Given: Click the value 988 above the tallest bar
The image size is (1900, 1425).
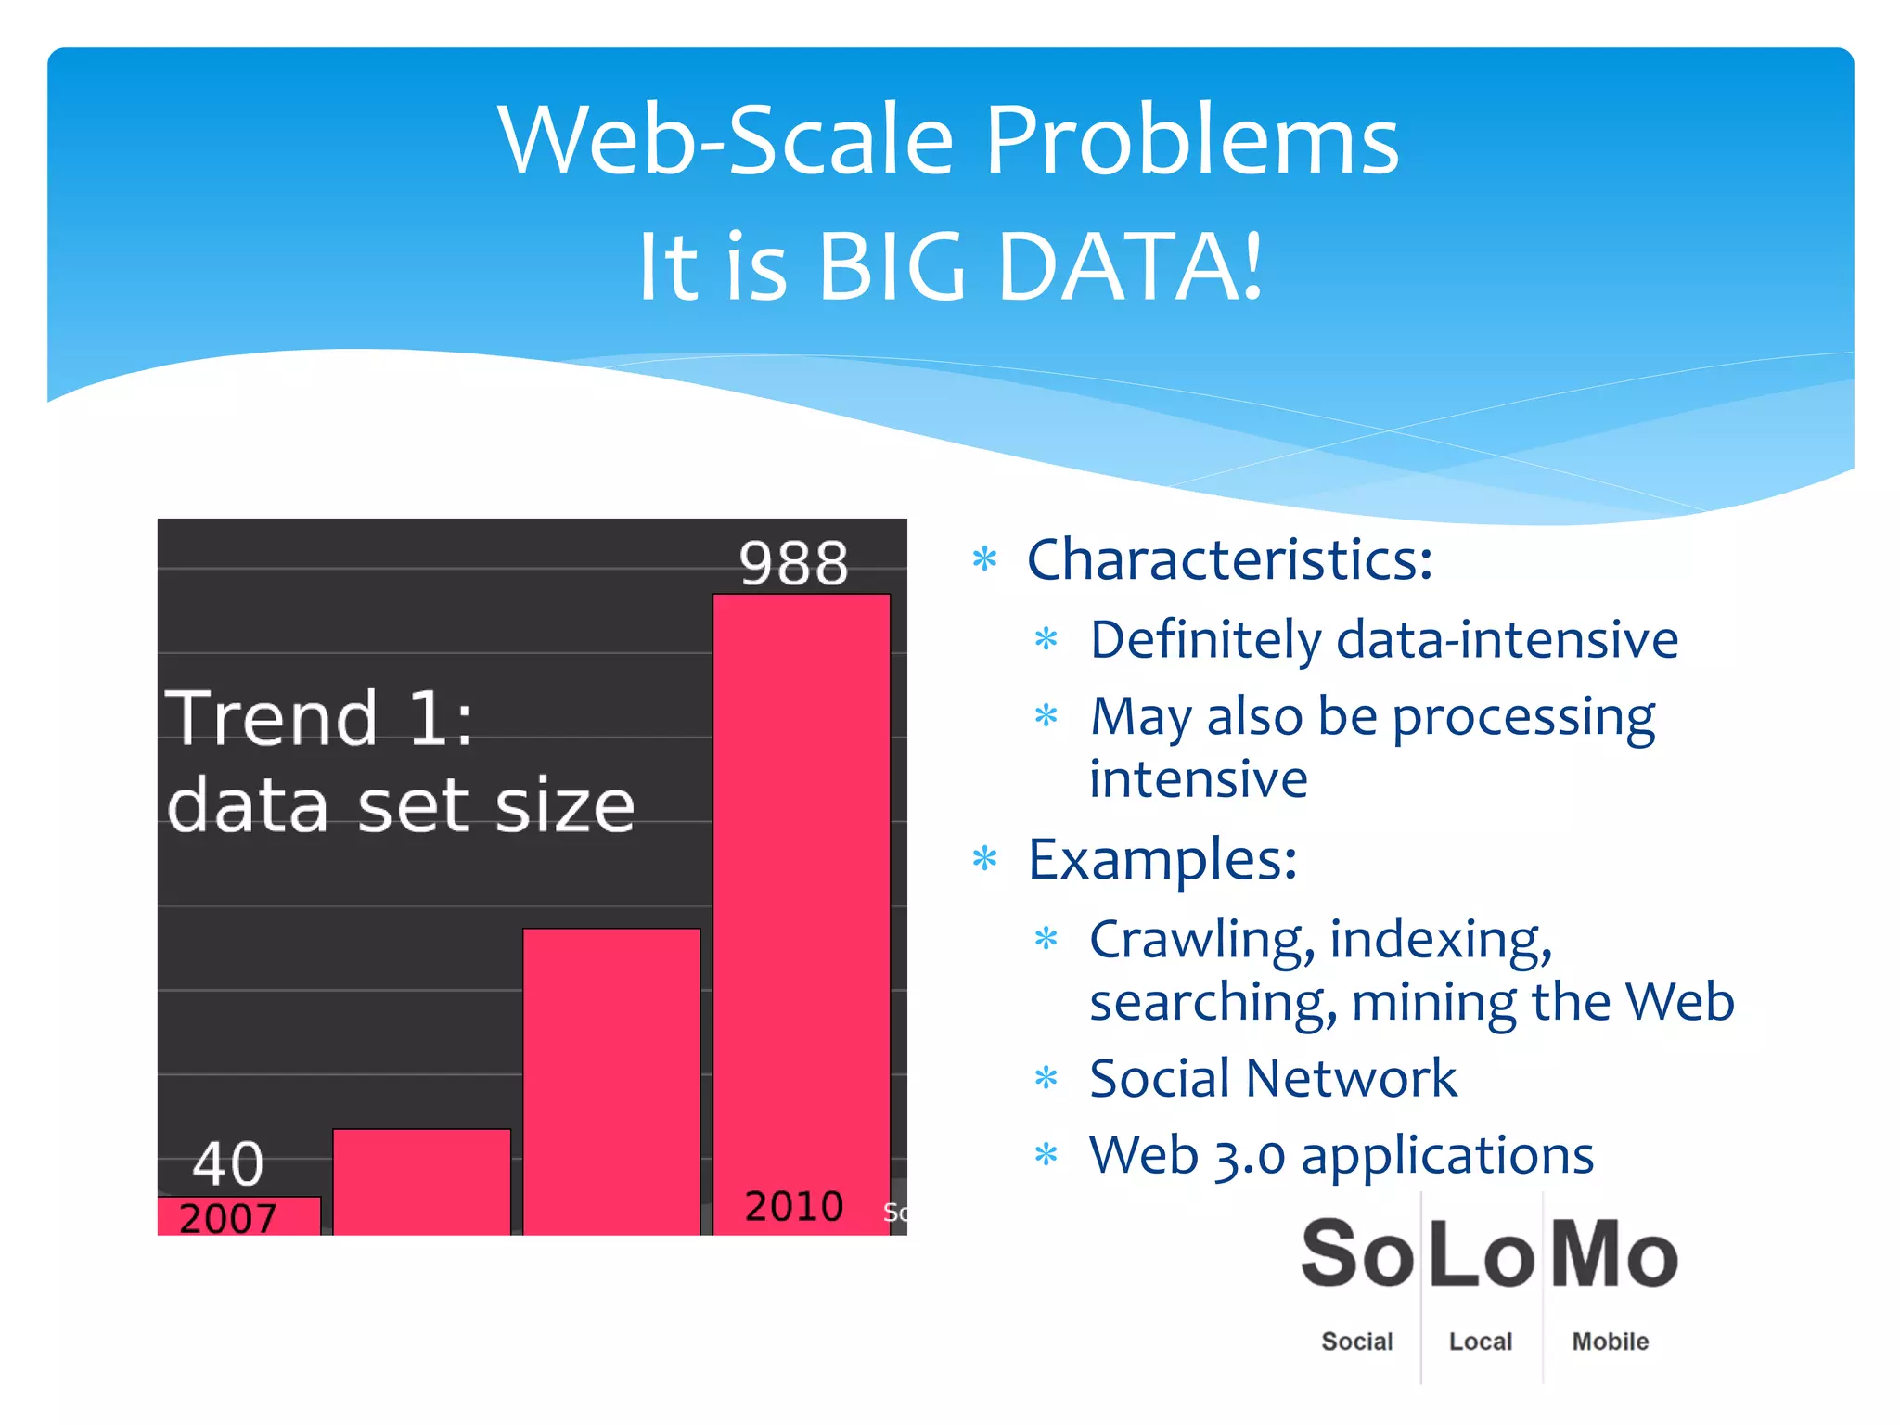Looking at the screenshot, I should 793,563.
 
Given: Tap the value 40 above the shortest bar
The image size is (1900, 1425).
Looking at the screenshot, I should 228,1163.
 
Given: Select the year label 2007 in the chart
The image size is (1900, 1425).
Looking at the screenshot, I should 228,1218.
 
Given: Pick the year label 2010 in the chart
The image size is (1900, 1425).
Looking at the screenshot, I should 794,1206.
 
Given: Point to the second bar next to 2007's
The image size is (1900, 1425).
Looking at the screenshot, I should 421,1180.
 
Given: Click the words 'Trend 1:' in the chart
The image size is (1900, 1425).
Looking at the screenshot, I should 319,718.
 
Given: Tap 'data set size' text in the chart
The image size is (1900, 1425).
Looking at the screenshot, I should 401,805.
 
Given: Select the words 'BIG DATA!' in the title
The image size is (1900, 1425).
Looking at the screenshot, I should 1039,267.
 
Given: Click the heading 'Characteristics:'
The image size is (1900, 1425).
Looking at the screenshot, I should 1229,560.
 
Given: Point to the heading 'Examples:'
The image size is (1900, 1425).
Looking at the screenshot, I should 1162,859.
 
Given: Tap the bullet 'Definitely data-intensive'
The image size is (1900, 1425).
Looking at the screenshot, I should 1383,640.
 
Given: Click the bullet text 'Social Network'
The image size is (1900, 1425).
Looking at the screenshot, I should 1273,1078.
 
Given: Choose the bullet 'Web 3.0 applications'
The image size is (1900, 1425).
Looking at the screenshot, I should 1342,1156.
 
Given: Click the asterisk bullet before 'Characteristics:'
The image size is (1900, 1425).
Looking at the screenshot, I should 984,560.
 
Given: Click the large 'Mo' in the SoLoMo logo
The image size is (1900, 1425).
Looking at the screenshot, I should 1613,1254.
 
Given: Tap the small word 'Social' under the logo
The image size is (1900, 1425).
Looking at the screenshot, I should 1356,1342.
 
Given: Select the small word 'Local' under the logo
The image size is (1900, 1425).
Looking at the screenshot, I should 1480,1342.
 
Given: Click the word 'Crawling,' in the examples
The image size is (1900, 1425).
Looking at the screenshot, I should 1201,941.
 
